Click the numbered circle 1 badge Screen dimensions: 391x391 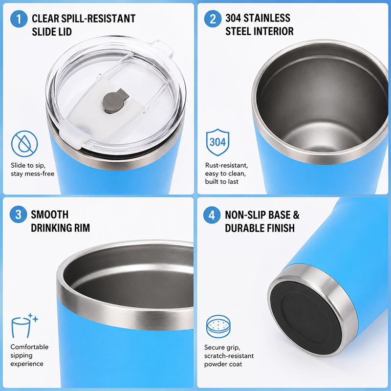[x=19, y=19]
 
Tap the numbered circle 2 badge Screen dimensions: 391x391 [x=213, y=19]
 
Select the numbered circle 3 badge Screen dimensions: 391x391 [x=18, y=215]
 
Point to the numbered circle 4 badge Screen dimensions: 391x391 [x=212, y=215]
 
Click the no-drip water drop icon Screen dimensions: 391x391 [x=24, y=144]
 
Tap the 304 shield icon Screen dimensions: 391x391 [x=217, y=142]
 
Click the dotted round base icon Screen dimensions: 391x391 [x=218, y=326]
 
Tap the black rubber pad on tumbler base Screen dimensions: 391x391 [x=306, y=319]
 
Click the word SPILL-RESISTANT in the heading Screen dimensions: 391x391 [x=98, y=19]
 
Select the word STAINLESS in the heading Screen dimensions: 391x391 [x=266, y=18]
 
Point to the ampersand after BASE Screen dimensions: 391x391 [x=296, y=215]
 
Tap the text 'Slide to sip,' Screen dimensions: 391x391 [x=28, y=165]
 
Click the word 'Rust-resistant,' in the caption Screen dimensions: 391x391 [x=226, y=165]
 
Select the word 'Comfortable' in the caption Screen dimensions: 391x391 [x=29, y=347]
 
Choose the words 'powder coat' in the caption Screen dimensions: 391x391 [x=223, y=364]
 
